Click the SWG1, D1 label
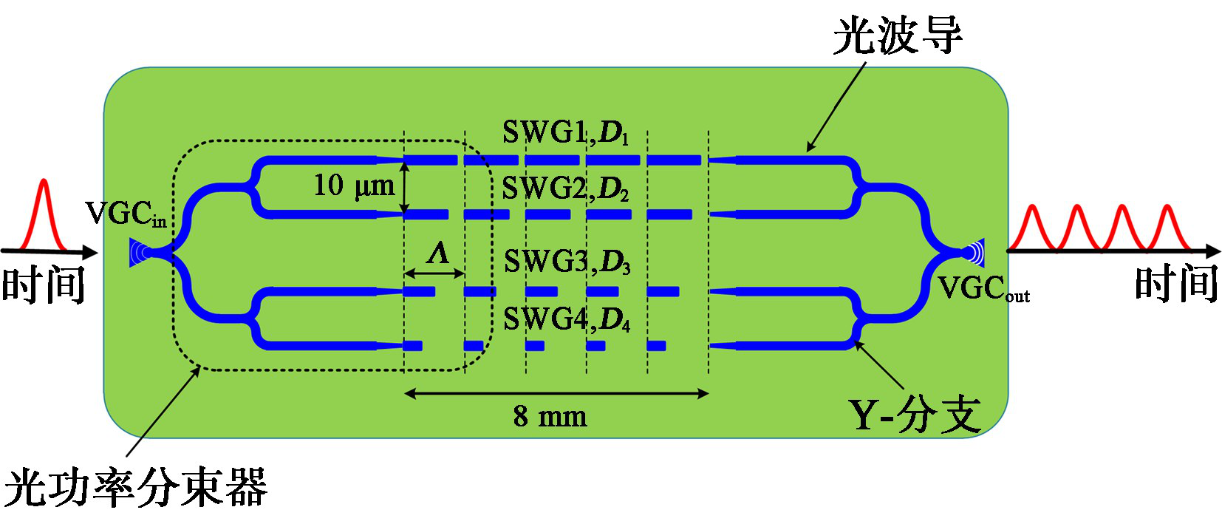click(565, 133)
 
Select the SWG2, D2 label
click(565, 189)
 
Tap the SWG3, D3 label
click(567, 262)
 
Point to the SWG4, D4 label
click(567, 319)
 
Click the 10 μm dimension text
click(354, 186)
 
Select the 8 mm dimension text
click(550, 417)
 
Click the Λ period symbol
click(438, 254)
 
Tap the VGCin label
click(126, 214)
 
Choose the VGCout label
click(983, 288)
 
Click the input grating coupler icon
click(140, 253)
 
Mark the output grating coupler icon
click(974, 253)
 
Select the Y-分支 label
click(914, 415)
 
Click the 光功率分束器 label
click(135, 488)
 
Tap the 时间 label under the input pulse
click(43, 285)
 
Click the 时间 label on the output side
click(1176, 284)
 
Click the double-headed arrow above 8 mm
click(556, 394)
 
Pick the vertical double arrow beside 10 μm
click(404, 188)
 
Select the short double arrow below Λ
click(434, 273)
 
